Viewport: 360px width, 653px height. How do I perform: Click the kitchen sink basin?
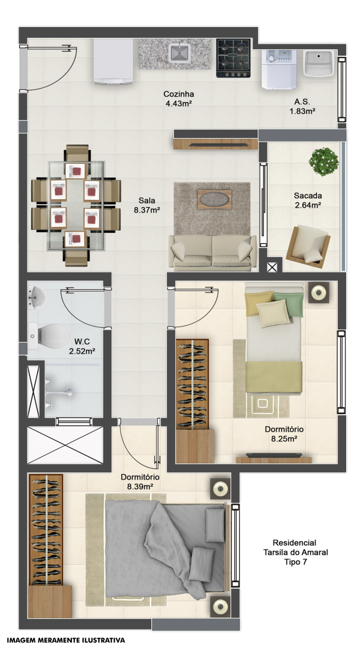179,53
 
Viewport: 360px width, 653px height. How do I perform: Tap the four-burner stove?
233,58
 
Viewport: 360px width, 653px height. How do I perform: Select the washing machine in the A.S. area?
279,69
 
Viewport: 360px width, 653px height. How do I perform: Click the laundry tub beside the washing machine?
319,64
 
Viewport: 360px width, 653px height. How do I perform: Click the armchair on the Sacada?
308,245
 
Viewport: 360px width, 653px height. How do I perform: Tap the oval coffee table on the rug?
215,198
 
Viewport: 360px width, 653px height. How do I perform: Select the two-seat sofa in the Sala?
212,252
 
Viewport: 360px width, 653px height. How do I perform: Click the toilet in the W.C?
49,335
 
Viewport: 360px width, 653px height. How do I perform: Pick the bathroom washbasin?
36,298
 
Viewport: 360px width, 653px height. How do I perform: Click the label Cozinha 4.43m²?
178,99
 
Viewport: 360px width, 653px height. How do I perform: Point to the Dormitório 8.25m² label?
284,433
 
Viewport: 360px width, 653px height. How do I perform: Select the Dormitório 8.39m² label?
140,481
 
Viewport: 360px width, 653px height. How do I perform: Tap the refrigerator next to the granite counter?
113,62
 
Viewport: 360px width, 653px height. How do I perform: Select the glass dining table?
76,206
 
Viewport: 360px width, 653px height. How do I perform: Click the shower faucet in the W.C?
59,391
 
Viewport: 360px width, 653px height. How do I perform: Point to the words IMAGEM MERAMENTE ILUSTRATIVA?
66,640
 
